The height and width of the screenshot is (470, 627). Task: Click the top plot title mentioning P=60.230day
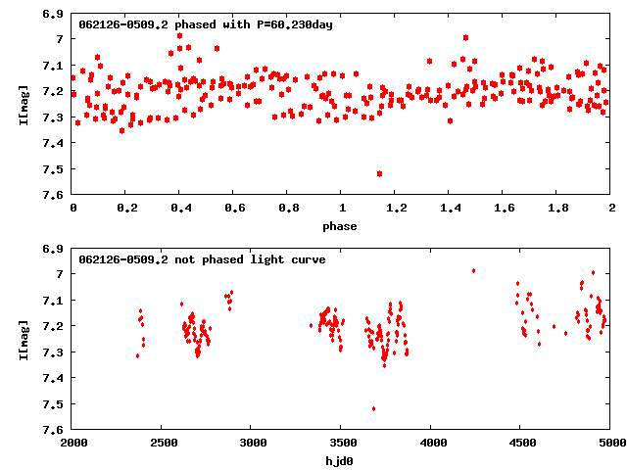point(206,24)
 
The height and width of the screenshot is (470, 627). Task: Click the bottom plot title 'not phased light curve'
point(202,259)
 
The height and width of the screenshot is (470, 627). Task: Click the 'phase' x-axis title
point(342,226)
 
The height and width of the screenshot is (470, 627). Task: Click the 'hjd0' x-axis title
point(342,461)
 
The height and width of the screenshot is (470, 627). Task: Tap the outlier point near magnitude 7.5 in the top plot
point(379,173)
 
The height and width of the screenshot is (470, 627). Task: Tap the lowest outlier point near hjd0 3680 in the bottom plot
point(373,408)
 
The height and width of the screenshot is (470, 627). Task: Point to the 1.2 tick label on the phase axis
point(396,209)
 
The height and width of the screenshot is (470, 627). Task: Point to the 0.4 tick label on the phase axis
point(180,209)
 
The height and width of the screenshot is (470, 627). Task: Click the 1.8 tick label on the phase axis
point(557,209)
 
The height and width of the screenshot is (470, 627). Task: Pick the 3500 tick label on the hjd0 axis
point(342,444)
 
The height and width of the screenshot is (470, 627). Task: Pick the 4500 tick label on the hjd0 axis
point(521,444)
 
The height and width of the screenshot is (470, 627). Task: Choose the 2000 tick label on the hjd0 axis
point(73,444)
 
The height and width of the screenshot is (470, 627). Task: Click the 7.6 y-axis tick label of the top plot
point(54,195)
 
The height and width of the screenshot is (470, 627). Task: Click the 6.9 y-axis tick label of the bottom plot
point(54,248)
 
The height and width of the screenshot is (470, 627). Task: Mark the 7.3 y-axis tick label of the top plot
point(54,117)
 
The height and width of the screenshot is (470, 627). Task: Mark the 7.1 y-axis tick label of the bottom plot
point(54,300)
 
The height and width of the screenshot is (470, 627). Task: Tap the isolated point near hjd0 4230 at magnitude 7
point(473,270)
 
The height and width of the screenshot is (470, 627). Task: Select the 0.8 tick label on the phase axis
point(288,209)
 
